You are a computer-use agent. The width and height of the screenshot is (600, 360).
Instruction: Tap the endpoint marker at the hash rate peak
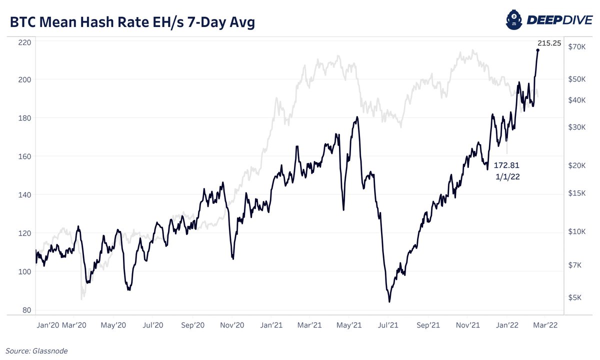coord(538,50)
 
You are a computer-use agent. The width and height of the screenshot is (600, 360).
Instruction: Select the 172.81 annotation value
coord(507,164)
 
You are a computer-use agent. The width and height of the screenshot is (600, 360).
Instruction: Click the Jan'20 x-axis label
coord(48,325)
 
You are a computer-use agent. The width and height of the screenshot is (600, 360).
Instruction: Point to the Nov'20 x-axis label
coord(232,325)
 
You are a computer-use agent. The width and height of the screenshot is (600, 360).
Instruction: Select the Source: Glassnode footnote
coord(36,351)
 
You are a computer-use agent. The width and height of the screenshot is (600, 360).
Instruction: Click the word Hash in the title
coord(95,23)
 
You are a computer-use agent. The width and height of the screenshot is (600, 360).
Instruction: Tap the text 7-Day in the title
coord(202,23)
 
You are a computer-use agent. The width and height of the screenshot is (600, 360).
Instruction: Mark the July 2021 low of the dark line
coord(389,301)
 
